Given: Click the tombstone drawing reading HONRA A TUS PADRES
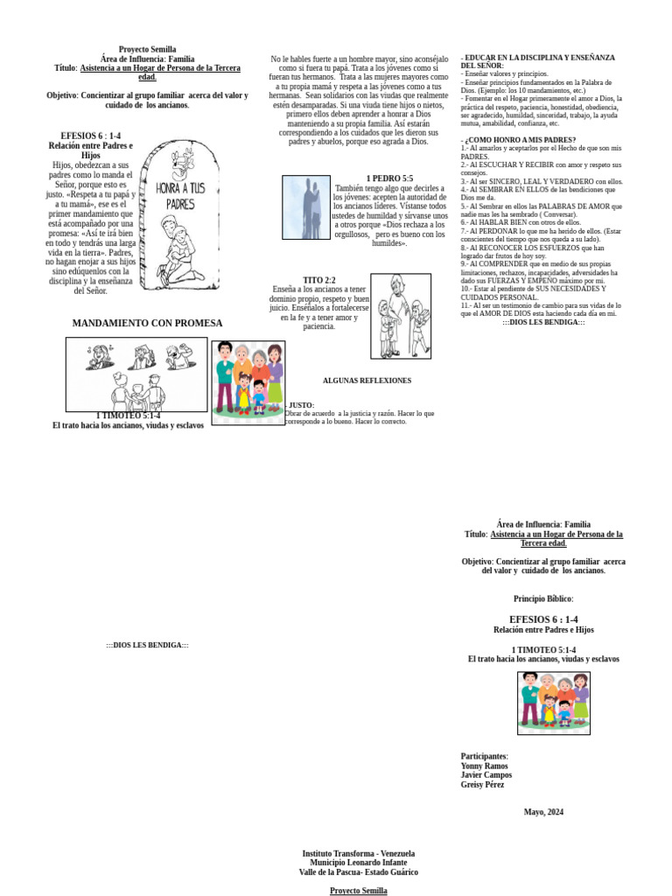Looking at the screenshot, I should (180, 214).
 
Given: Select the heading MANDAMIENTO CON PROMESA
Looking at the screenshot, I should (147, 323).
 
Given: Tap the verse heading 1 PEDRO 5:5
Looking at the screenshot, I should (389, 178).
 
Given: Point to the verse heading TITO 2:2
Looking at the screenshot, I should (319, 280).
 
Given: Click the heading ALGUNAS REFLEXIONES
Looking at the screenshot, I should (367, 381).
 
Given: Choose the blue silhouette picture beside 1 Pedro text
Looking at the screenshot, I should (305, 207).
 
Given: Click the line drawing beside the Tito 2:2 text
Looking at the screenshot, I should (401, 316).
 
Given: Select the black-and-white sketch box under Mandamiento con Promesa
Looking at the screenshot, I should (136, 374).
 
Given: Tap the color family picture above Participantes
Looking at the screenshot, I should (553, 703).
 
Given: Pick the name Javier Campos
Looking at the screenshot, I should (486, 775).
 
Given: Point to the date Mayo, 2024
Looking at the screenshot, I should (543, 812).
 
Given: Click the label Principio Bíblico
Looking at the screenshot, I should (543, 598).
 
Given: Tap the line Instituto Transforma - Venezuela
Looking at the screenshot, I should (359, 853).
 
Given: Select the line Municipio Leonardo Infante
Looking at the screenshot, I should (359, 863).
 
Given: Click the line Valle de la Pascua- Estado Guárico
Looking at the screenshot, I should (359, 872).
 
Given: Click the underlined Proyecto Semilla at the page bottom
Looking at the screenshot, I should (359, 891).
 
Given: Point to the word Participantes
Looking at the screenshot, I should (484, 756).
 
